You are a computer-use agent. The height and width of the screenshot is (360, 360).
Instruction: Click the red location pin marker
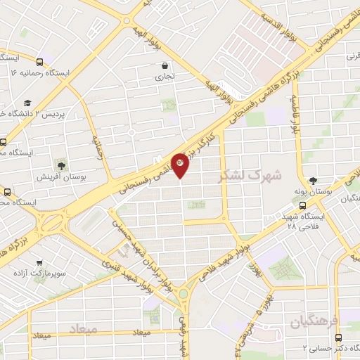[x=180, y=165]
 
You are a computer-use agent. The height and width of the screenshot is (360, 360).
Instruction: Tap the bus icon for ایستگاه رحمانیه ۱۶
[x=39, y=62]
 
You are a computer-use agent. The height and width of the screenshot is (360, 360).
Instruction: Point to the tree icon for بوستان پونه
[x=311, y=181]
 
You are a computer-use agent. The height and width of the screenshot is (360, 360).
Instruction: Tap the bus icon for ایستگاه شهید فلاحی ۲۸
[x=302, y=207]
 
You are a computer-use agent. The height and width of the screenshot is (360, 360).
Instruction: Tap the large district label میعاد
[x=82, y=328]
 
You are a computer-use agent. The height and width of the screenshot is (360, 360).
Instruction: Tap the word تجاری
[x=165, y=76]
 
